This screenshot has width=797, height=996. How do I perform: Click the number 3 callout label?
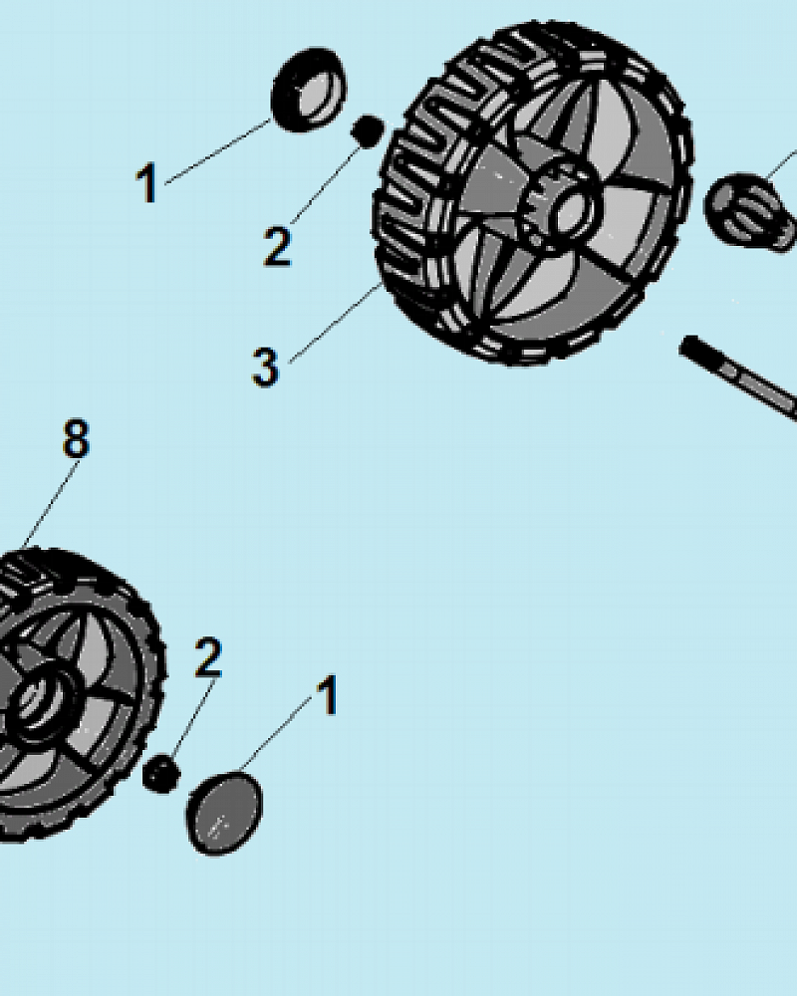pos(265,367)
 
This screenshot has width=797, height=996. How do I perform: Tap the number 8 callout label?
pos(77,437)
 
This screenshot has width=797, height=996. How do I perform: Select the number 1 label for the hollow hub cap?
pos(146,182)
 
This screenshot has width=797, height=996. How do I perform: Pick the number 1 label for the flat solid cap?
pos(328,694)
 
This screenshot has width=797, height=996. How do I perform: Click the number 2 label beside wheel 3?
pos(277,245)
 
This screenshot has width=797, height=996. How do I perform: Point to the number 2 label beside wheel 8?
pos(208,656)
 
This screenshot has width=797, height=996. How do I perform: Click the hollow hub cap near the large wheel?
pos(309,90)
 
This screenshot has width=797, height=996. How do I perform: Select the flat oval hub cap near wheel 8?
pos(224,813)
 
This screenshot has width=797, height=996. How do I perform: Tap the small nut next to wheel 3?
pos(368,130)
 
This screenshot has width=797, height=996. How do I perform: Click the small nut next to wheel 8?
pos(160,774)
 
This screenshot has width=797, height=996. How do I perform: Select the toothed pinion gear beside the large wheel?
pos(751,211)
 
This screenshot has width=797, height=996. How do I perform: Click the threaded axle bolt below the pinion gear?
pos(738,377)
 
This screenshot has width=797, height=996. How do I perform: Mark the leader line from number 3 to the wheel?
pos(335,324)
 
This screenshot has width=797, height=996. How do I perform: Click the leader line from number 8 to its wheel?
pos(51,504)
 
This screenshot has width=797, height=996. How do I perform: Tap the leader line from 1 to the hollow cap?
pos(218,151)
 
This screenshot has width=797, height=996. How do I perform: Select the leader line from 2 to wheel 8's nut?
pos(195,718)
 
